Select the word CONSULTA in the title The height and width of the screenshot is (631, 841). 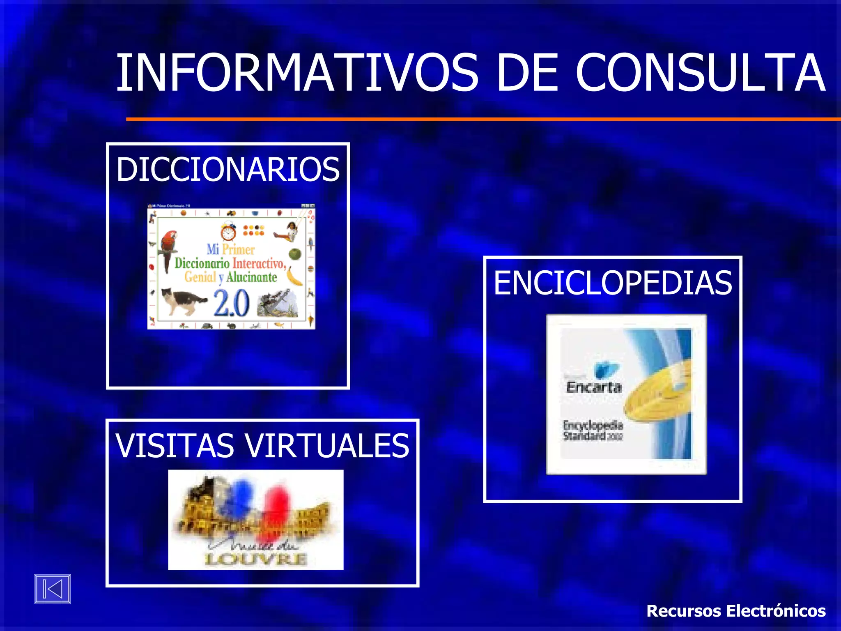tap(701, 73)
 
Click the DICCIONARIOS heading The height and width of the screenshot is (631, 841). tap(228, 169)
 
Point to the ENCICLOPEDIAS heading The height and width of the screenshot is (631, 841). tap(613, 283)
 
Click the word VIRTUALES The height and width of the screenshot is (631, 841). tap(327, 446)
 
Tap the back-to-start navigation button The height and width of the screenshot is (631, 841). tap(53, 589)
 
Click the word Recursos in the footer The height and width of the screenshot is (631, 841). tap(683, 611)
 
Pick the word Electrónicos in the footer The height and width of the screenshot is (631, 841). tap(776, 611)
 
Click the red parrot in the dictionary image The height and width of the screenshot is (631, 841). tap(168, 249)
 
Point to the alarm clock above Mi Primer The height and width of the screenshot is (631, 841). tap(228, 231)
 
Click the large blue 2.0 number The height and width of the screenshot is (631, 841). tap(231, 304)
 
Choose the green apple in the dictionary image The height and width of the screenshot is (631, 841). tap(295, 254)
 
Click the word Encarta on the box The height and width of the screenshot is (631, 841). tap(593, 387)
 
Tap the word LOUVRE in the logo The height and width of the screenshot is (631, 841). tap(256, 559)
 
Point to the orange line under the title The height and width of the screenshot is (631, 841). tap(483, 119)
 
